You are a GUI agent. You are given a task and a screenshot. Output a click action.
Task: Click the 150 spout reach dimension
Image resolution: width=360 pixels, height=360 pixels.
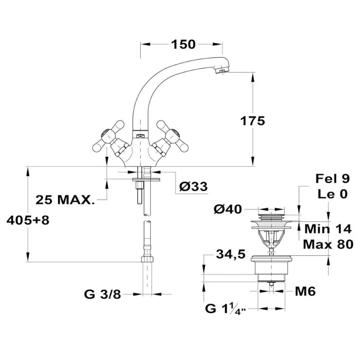point(183,44)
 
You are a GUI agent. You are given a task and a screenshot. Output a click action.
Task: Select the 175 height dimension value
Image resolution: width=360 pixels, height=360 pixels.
point(253,121)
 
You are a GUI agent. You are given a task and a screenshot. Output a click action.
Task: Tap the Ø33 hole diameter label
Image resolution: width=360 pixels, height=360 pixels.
point(193,186)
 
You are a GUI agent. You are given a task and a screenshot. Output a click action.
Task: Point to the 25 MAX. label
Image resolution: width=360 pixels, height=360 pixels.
point(65,200)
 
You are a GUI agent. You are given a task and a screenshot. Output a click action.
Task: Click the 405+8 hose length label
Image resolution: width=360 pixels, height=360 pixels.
point(28,220)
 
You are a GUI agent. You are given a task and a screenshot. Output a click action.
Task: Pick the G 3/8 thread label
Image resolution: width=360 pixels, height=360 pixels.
point(102,294)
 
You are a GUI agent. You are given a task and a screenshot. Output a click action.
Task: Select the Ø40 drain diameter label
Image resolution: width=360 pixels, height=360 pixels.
point(228,209)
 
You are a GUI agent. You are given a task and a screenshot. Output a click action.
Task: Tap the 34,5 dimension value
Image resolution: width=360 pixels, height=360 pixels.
point(231,255)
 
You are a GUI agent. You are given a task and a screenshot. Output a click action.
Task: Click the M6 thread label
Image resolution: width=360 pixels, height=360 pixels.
point(305,291)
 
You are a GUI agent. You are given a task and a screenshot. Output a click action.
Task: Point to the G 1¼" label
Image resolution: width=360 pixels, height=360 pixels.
point(225,309)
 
